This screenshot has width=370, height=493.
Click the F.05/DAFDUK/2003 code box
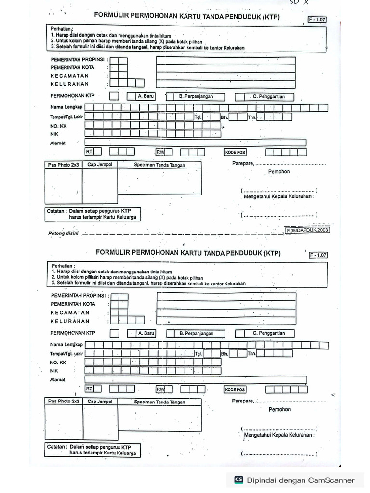click(307, 231)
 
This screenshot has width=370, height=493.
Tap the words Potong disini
click(63, 234)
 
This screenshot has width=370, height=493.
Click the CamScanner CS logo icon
click(238, 480)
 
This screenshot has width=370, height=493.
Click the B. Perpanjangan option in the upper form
click(196, 96)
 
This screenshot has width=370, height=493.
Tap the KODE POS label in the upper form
click(235, 152)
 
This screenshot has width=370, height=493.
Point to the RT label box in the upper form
click(89, 152)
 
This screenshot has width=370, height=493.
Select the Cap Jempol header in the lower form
click(100, 402)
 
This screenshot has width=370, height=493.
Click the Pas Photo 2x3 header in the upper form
click(63, 165)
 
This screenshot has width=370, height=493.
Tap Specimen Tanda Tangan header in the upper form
click(159, 165)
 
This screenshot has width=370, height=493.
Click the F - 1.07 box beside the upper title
click(317, 20)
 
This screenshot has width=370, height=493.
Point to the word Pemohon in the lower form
click(279, 409)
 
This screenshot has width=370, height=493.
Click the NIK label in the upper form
click(54, 134)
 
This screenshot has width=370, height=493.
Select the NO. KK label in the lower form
click(58, 362)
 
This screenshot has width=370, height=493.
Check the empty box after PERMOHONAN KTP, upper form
click(114, 96)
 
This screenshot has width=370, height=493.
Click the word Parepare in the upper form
click(242, 164)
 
